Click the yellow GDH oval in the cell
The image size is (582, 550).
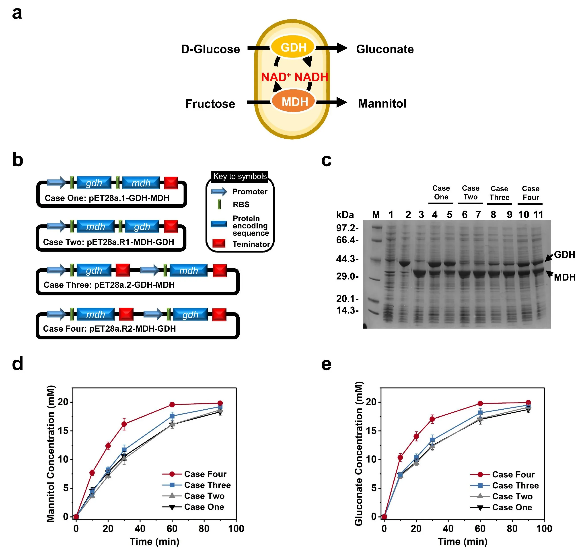[293, 47]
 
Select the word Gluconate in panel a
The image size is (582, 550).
[385, 49]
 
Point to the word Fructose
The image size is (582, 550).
[210, 104]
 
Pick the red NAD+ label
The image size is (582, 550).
[276, 77]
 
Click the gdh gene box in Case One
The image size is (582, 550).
[94, 183]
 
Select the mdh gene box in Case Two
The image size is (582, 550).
[95, 227]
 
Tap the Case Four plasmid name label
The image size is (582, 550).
[109, 329]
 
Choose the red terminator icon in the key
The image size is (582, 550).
[218, 243]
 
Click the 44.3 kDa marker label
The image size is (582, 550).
[347, 259]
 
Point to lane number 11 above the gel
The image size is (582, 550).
[538, 215]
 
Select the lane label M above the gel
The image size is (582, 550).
[376, 215]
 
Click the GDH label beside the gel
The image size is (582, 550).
[564, 254]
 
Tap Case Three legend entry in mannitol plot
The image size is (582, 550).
[207, 485]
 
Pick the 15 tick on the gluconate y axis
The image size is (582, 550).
[371, 431]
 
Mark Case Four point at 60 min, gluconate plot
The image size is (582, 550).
[480, 404]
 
